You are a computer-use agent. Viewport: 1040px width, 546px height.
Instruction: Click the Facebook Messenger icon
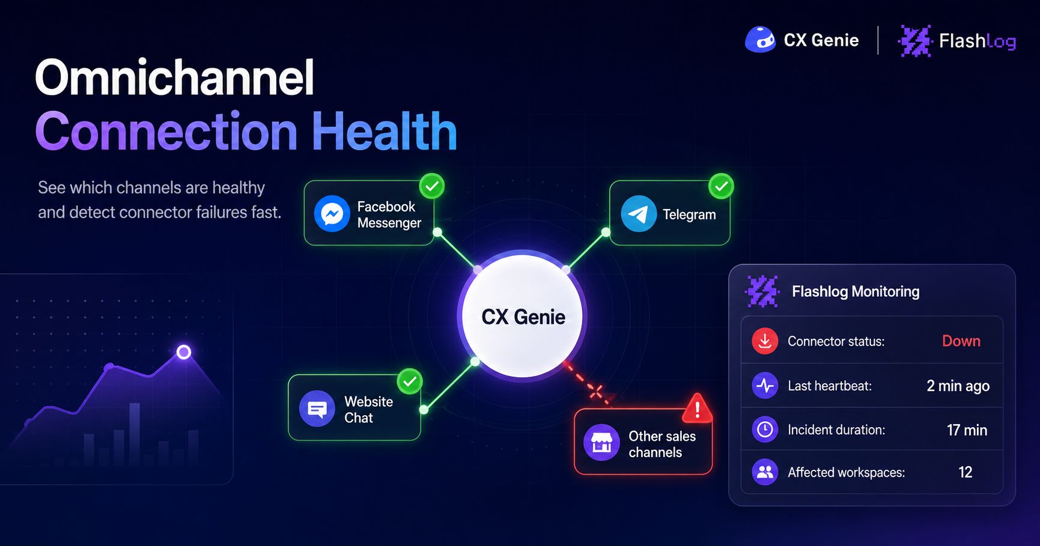(332, 213)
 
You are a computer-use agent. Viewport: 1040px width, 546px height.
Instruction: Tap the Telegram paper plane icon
(639, 213)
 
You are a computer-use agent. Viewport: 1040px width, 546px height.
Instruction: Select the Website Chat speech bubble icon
(317, 408)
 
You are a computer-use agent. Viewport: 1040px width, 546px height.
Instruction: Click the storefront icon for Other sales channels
(601, 443)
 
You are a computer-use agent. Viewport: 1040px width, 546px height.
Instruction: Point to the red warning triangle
(697, 408)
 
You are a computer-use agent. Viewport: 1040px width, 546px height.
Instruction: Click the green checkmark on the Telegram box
(721, 186)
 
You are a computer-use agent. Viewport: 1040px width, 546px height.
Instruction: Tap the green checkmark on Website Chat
(410, 381)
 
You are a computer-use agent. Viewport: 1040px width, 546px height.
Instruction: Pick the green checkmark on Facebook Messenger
(431, 186)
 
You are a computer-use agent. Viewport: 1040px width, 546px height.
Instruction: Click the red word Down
(961, 341)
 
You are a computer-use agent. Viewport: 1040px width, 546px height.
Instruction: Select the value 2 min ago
(958, 386)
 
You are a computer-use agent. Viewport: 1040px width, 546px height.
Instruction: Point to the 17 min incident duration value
(967, 430)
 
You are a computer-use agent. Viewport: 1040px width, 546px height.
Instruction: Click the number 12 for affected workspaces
(965, 472)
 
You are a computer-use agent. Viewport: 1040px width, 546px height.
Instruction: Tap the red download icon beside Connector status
(765, 341)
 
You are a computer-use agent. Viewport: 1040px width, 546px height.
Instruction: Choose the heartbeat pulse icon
(765, 386)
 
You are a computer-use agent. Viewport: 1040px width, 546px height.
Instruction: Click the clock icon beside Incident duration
(765, 429)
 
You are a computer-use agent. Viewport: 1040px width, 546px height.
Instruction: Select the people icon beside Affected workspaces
(765, 472)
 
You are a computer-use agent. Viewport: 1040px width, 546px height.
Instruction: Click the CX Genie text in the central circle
(523, 317)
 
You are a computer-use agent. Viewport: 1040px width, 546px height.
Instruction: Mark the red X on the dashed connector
(596, 392)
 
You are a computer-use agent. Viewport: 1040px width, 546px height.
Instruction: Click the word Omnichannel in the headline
(175, 78)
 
